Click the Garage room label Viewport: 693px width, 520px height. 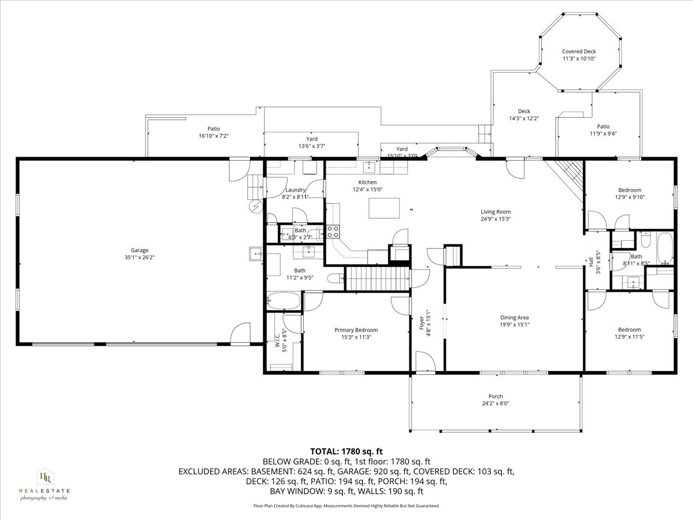click(139, 250)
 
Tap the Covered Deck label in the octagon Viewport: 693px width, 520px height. click(579, 51)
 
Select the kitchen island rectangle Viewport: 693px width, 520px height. click(384, 208)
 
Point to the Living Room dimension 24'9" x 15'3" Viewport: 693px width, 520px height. click(495, 219)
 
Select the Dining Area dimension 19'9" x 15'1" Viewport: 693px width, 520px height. click(514, 325)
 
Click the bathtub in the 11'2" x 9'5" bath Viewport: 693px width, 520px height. click(283, 301)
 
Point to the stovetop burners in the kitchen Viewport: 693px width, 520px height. click(333, 232)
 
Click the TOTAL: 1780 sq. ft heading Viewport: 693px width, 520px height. click(346, 451)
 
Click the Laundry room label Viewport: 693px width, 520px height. click(295, 190)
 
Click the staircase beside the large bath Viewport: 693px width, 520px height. click(377, 278)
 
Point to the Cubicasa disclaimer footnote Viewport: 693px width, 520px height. click(346, 506)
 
